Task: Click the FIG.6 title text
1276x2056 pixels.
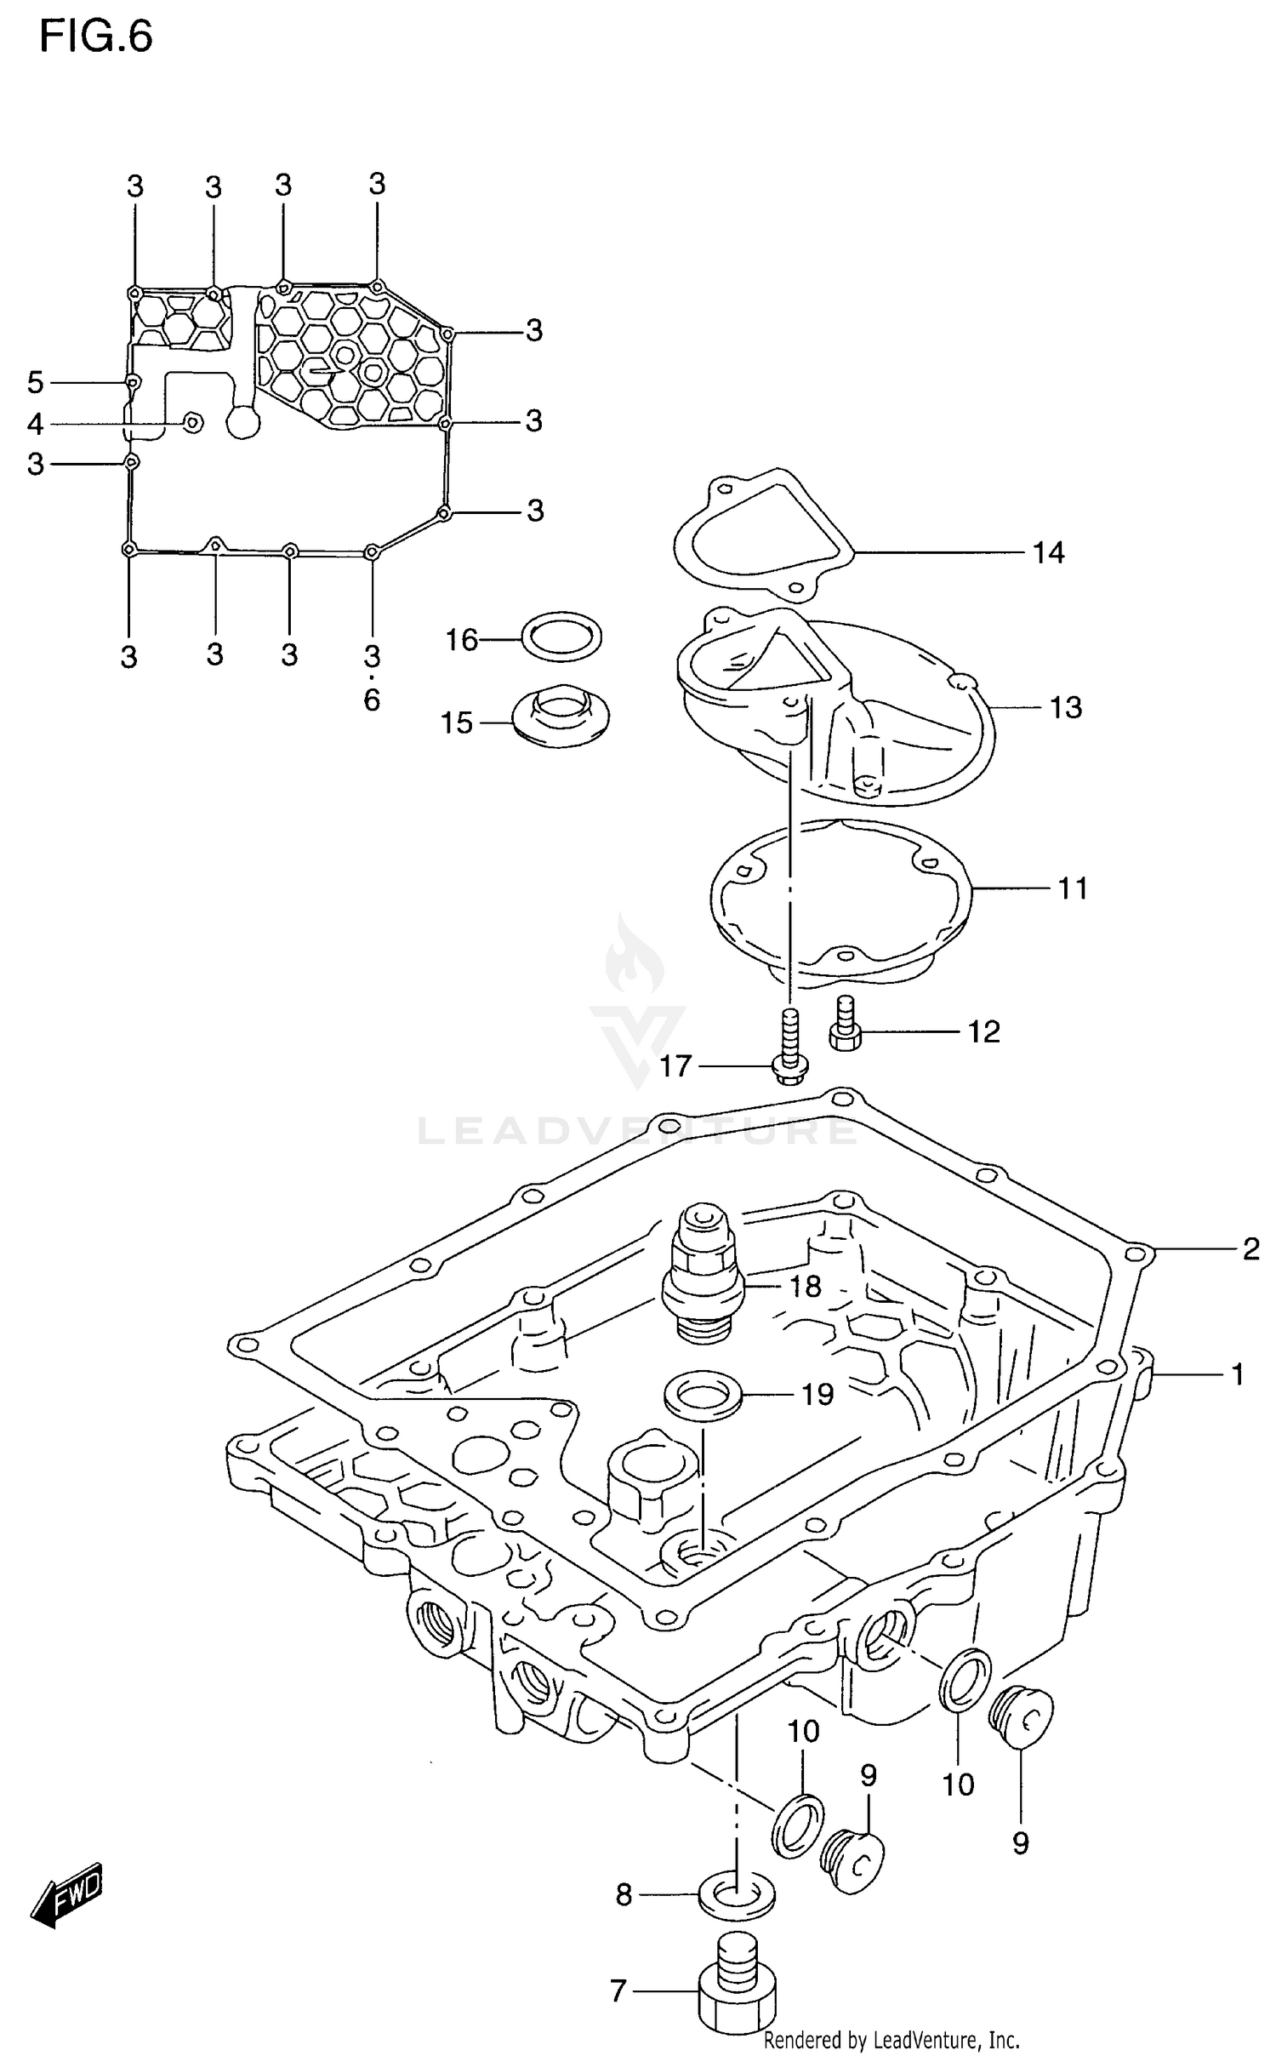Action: click(96, 37)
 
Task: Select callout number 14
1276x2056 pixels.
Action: click(1048, 553)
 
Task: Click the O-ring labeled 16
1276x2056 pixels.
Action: click(561, 636)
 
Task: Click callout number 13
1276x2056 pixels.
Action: click(1065, 707)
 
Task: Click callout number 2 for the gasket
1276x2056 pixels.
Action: click(1250, 1249)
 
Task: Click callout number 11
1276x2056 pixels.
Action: click(1073, 888)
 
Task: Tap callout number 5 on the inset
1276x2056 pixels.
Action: click(35, 383)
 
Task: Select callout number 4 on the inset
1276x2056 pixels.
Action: click(35, 424)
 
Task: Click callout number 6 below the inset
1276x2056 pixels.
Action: click(372, 700)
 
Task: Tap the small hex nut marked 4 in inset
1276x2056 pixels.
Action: click(193, 422)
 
